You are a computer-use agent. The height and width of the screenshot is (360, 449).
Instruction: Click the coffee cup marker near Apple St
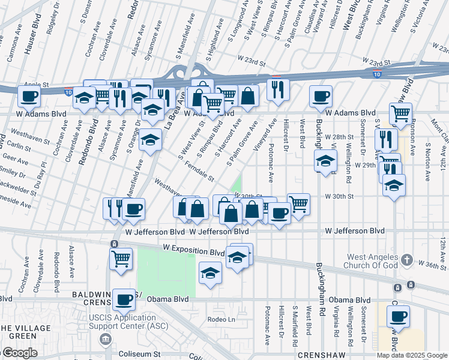28,95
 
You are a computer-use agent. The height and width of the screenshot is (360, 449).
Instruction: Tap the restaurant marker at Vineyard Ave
278,89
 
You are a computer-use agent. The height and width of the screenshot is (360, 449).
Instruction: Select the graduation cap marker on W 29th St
325,161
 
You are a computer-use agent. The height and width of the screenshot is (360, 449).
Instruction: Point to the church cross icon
407,260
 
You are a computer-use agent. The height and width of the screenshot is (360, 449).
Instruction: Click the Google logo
19,353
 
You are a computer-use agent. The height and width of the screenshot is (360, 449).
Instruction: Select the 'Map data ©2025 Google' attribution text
412,355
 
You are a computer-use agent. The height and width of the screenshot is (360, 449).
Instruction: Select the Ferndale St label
199,171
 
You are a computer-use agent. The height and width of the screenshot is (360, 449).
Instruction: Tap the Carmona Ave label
10,45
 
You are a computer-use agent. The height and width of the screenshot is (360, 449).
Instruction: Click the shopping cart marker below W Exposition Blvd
121,259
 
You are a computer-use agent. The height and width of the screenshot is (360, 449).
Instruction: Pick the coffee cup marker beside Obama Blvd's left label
124,299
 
